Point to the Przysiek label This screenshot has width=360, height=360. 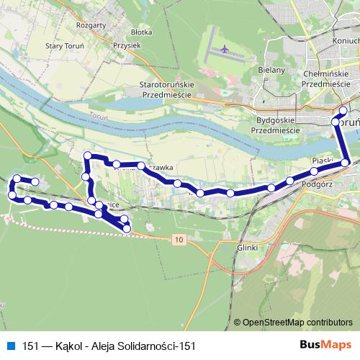tap(127, 44)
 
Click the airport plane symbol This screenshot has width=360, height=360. tap(225, 50)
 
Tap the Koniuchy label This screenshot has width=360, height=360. tap(345, 60)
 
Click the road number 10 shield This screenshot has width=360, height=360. tap(179, 238)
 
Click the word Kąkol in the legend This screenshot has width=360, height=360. tap(57, 346)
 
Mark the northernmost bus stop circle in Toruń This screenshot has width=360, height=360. tap(343, 110)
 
